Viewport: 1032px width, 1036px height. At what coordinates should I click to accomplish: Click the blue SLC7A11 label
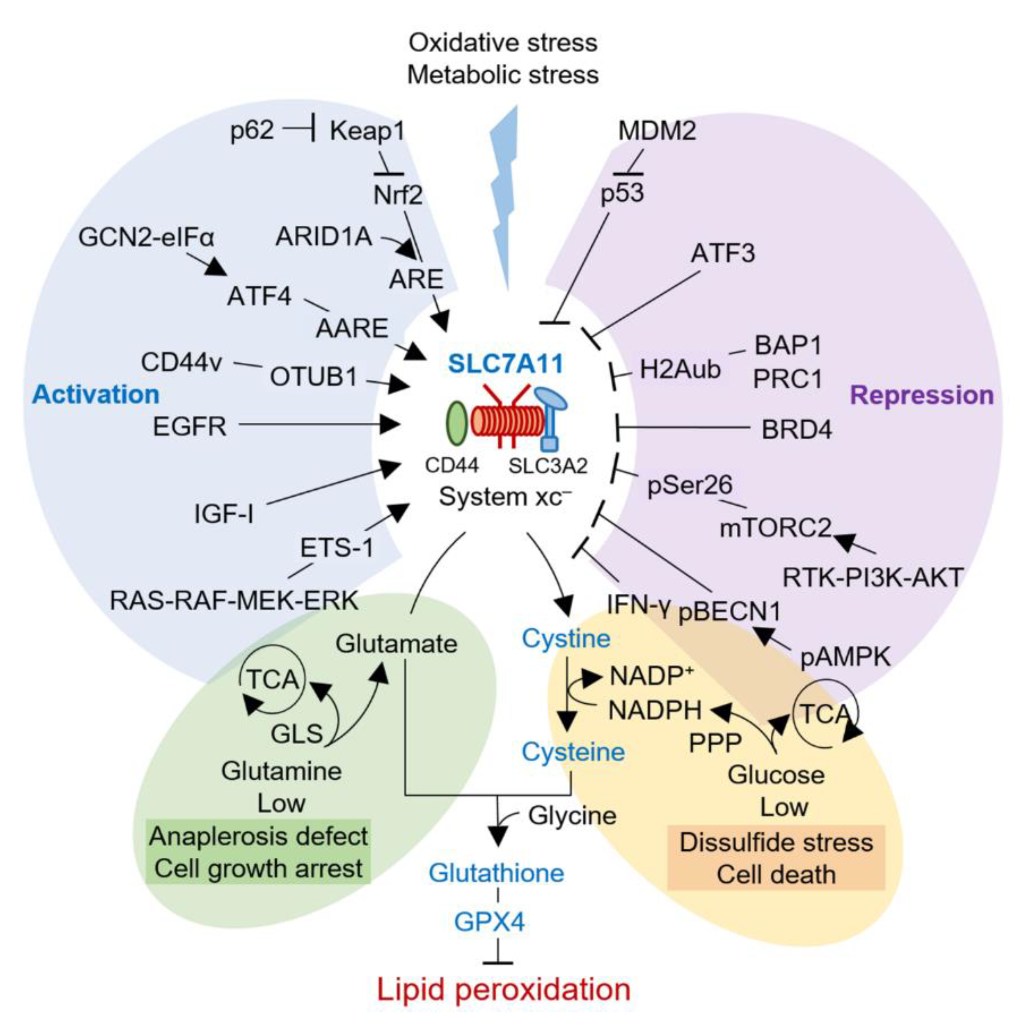(505, 364)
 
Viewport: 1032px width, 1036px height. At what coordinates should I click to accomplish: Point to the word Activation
(96, 395)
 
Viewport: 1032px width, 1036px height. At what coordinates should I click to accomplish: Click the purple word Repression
(922, 395)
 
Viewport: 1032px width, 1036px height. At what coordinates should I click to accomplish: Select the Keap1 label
(367, 131)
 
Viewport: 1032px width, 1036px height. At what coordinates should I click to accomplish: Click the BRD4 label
(797, 430)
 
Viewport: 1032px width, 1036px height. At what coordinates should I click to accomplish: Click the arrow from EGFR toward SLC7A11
(322, 425)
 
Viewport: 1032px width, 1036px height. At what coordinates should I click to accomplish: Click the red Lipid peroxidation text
(504, 990)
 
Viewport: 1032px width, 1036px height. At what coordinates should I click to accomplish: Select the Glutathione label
(496, 874)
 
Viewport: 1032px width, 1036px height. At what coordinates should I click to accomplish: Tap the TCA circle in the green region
(272, 680)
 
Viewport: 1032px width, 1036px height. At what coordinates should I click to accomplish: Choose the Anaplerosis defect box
(259, 853)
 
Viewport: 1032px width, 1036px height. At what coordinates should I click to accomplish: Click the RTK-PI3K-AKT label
(872, 578)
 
